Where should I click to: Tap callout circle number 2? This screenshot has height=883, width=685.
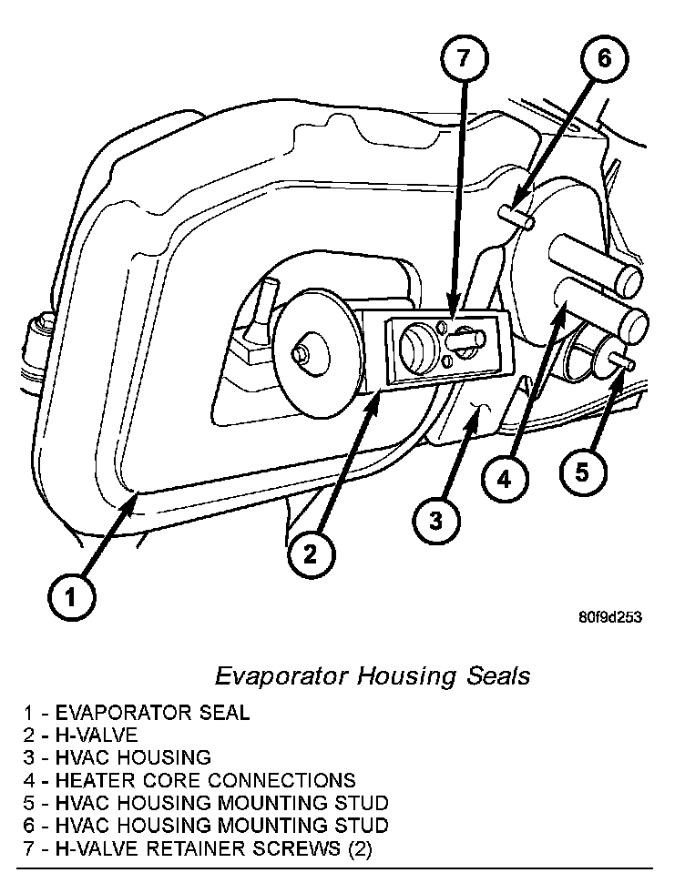coord(311,553)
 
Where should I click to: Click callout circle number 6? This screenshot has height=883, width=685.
coord(606,62)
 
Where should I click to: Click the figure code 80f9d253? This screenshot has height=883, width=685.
coord(609,616)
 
